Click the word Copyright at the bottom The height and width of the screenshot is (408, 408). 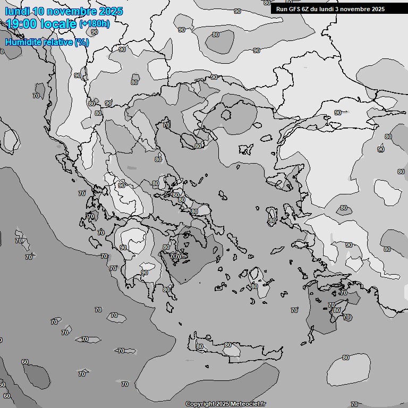[201, 404]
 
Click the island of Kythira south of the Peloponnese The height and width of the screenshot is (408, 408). [171, 307]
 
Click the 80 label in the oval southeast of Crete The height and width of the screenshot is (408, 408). [346, 358]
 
